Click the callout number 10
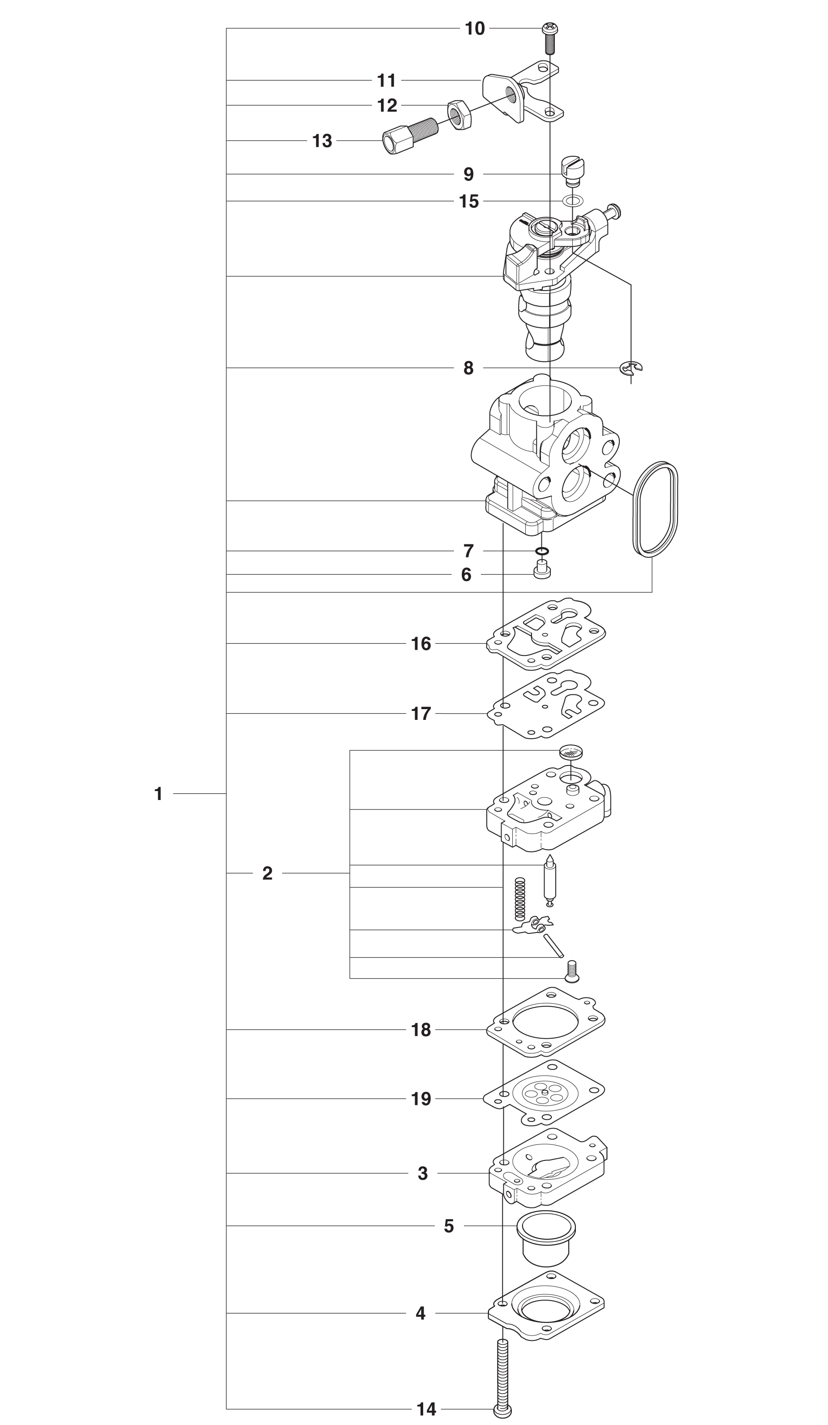tap(475, 28)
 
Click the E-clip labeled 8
tap(631, 368)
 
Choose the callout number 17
tap(421, 714)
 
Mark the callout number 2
tap(267, 873)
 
